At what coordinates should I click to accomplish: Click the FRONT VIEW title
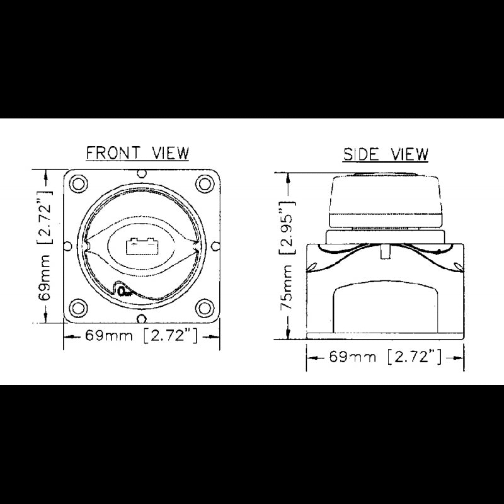click(x=137, y=152)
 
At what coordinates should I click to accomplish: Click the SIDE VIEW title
click(x=386, y=154)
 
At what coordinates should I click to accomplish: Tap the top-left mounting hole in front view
click(x=78, y=184)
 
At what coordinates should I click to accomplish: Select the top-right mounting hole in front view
click(x=205, y=184)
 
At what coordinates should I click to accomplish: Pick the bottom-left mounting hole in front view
click(x=78, y=308)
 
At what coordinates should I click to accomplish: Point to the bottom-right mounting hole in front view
click(x=205, y=308)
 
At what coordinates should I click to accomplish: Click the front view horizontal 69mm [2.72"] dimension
click(x=141, y=336)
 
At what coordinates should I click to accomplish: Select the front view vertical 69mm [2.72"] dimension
click(x=45, y=246)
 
